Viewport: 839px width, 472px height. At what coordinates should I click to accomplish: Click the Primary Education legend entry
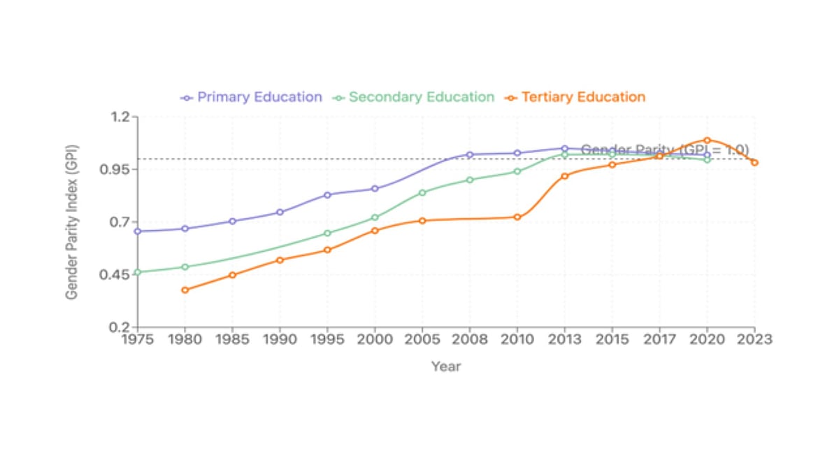click(x=252, y=97)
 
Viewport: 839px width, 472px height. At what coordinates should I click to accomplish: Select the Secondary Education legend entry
click(x=414, y=97)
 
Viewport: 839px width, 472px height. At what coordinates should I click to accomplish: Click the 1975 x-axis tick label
click(x=138, y=340)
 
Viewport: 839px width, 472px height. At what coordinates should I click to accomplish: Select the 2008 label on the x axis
click(x=470, y=340)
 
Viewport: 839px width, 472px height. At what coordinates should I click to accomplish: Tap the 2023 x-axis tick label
click(x=754, y=340)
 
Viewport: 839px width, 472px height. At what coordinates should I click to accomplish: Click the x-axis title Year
click(x=446, y=366)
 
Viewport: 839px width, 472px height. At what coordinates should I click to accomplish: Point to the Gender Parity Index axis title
click(x=72, y=222)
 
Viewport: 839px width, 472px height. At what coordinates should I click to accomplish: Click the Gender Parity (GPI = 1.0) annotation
click(x=665, y=150)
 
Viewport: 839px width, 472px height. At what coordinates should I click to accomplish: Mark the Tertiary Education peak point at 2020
click(x=707, y=141)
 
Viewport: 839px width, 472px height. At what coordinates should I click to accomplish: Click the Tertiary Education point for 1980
click(x=185, y=289)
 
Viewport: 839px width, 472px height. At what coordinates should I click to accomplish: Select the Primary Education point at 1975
click(x=138, y=231)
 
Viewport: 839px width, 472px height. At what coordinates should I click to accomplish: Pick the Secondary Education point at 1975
click(x=138, y=272)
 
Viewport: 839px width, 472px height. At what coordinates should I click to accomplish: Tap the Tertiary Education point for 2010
click(x=517, y=217)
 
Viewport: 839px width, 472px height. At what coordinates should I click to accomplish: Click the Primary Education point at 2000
click(x=375, y=189)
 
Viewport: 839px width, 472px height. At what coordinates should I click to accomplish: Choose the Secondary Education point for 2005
click(x=422, y=192)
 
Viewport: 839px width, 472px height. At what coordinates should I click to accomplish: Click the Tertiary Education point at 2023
click(x=754, y=163)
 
